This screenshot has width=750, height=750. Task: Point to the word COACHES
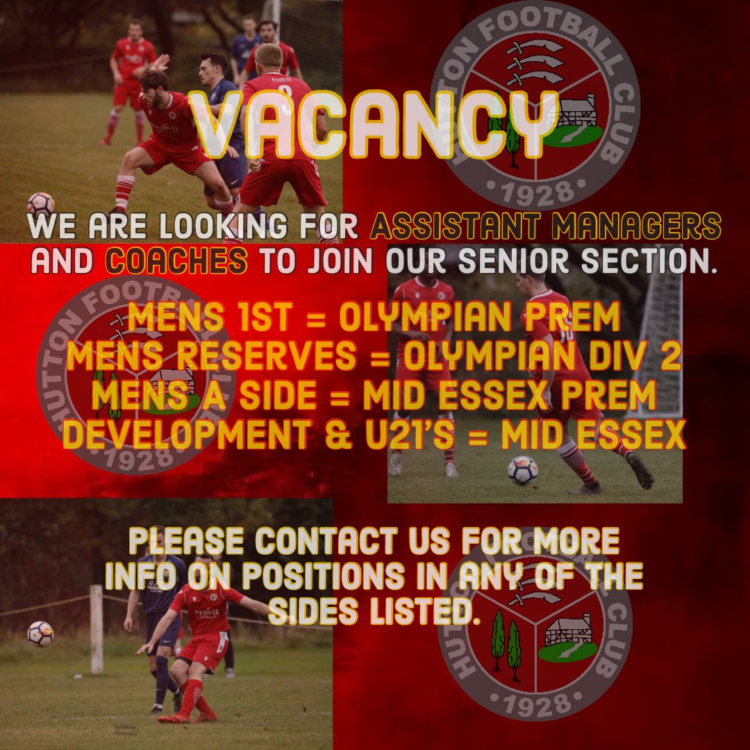tap(176, 260)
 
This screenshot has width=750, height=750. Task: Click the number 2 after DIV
tap(671, 356)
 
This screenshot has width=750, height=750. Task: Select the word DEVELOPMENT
tap(187, 434)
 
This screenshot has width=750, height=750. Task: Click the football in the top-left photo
tap(41, 205)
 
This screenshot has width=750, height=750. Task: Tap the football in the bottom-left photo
tap(41, 634)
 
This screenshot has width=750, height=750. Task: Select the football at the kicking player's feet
tap(522, 471)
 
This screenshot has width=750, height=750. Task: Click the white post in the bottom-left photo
tap(97, 629)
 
